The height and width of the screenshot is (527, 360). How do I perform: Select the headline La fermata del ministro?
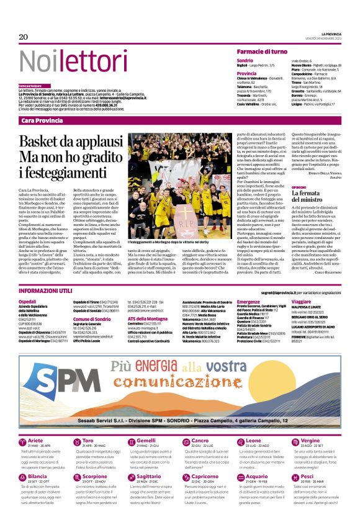[x=310, y=199]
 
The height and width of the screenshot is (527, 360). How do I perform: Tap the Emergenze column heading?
[x=249, y=301]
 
